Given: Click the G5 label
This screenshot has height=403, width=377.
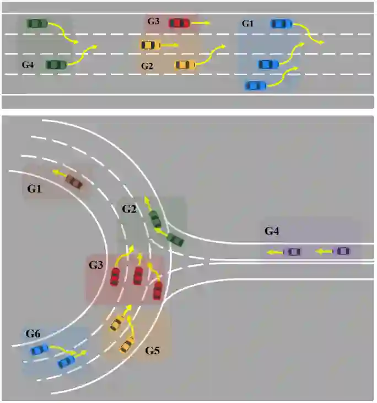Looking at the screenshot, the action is [153, 351].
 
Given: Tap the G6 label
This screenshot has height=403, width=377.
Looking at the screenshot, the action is [33, 334].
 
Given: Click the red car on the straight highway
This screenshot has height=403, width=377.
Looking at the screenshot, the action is [179, 23].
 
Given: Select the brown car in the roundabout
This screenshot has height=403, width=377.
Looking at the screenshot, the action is [73, 181].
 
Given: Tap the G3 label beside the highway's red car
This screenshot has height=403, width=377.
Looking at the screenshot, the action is [153, 22].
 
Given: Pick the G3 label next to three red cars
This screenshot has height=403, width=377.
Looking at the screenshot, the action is [96, 265].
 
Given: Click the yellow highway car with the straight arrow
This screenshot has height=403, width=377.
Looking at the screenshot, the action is [150, 45].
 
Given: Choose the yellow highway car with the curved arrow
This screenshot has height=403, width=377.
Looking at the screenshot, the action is [185, 65].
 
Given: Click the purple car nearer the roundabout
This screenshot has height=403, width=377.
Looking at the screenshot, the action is [293, 252].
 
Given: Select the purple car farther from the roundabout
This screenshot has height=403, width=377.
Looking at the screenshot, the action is [342, 251].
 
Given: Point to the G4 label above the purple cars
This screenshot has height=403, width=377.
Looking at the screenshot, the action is [272, 231].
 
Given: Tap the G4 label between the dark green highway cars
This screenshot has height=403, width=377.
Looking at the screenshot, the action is [28, 65].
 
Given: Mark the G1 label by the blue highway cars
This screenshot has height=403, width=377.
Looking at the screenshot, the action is [248, 24].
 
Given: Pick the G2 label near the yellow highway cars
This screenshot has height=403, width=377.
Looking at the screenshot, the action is [147, 66].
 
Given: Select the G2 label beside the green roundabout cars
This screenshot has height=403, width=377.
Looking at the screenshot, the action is [129, 209].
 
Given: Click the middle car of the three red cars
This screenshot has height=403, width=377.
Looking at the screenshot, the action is [138, 274].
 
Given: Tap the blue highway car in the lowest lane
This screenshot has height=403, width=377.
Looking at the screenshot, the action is [255, 86].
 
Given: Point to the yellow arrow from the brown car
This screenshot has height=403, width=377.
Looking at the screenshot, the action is [58, 173].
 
